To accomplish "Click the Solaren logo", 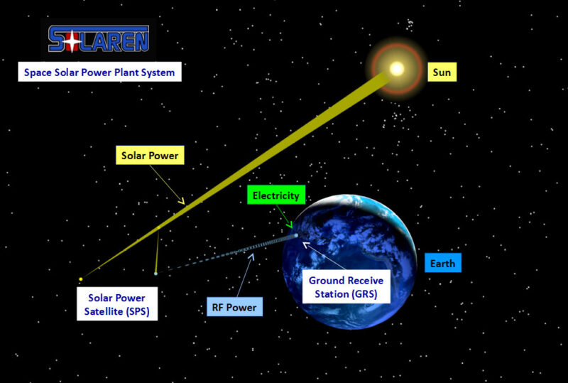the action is (99, 39).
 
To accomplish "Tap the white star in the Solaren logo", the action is (72, 41).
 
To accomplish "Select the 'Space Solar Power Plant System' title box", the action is (99, 72).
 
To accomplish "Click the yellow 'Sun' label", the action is (442, 72).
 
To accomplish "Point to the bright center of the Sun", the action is (397, 68).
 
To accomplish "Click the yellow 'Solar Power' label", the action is (150, 155).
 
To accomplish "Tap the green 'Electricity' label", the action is (276, 195).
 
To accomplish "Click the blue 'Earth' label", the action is (442, 263).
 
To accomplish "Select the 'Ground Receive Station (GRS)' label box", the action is (346, 286).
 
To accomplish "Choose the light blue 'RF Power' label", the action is (234, 307).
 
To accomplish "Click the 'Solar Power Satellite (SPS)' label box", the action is (117, 304).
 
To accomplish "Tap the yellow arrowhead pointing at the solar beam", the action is (182, 200).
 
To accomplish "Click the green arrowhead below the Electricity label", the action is (290, 225).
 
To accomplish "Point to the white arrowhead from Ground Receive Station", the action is (306, 245).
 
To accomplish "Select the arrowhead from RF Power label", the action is (251, 257).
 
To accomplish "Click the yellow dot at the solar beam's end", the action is (81, 279).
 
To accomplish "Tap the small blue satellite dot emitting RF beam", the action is (155, 274).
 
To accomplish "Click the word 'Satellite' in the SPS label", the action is (103, 311).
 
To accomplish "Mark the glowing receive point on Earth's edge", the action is (296, 235).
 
